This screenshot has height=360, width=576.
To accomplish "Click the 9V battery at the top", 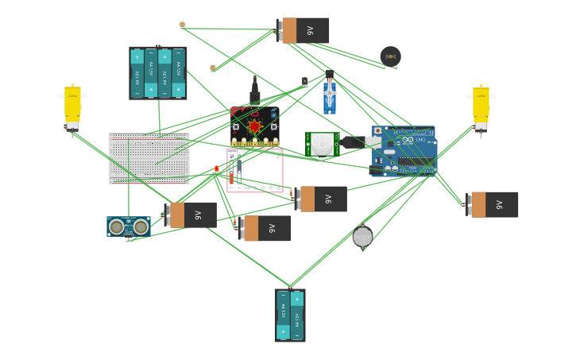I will (303, 30).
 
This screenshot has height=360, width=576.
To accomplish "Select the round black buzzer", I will (390, 56).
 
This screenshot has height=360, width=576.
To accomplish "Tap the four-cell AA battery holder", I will (157, 73).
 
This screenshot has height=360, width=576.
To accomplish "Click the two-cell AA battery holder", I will (290, 315).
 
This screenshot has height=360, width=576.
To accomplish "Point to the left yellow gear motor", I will (72, 107).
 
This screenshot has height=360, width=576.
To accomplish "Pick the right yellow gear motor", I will (481, 107).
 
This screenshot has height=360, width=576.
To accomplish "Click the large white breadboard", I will (149, 158).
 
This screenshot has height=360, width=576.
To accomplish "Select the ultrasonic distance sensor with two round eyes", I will (128, 227).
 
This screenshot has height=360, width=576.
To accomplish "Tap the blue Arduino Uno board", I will (405, 150).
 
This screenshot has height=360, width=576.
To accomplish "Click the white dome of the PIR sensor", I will (322, 144).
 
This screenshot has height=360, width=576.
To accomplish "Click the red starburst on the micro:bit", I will (254, 126).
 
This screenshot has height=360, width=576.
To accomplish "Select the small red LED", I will (216, 168).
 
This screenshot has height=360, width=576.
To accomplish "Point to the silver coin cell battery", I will (362, 236).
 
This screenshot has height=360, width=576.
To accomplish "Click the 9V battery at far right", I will (492, 204).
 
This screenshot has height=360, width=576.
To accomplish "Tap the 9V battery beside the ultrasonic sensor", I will (191, 215).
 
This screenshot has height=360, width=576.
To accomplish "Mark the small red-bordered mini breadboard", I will (255, 170).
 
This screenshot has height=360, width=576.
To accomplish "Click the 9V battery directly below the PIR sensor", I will (320, 199).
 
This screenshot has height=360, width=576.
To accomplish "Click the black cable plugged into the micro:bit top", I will (254, 93).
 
